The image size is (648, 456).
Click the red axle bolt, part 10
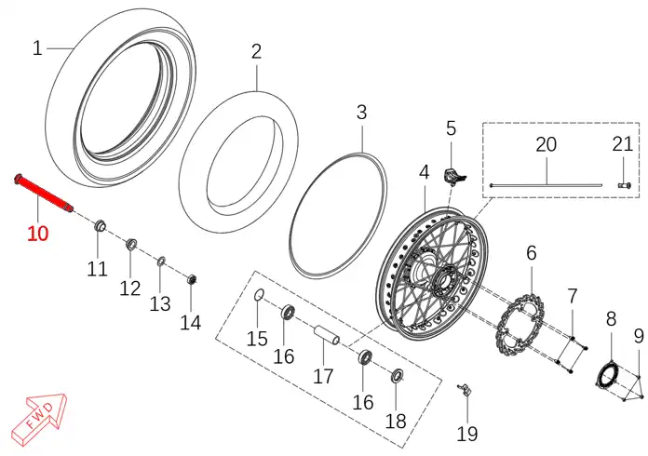[x=44, y=194]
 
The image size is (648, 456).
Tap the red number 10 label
[x=37, y=234]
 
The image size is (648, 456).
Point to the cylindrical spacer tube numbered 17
[x=328, y=335]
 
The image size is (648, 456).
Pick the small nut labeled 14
[x=191, y=279]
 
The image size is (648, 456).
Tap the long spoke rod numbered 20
[x=546, y=185]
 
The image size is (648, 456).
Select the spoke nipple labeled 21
[x=625, y=185]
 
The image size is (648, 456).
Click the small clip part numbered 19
[x=465, y=390]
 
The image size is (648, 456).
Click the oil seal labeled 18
[x=398, y=375]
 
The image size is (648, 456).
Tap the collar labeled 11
[x=100, y=226]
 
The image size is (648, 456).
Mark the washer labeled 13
[x=161, y=262]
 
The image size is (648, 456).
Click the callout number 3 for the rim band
[x=361, y=112]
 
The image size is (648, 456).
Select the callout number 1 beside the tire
[x=37, y=48]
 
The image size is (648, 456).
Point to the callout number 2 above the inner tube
[x=256, y=51]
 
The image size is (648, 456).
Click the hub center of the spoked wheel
[x=445, y=280]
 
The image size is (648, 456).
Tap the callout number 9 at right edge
[x=639, y=336]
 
